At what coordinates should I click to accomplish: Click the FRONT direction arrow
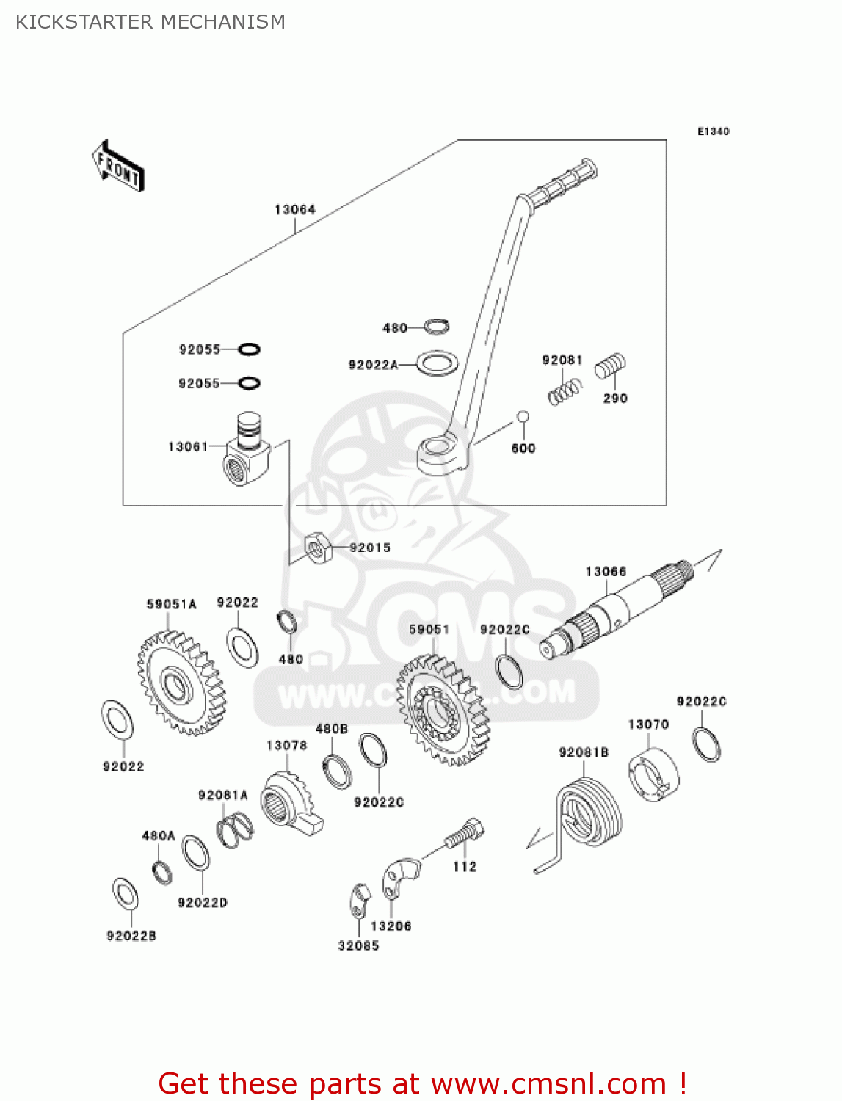[118, 167]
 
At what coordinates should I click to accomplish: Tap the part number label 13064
[294, 210]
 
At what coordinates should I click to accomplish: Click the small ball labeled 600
[523, 417]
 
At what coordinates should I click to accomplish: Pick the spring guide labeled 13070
[653, 774]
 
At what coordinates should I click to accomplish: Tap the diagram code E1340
[713, 131]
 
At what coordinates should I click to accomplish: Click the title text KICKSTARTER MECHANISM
[150, 22]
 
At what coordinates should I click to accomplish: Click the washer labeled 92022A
[438, 363]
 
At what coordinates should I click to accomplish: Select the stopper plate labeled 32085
[358, 901]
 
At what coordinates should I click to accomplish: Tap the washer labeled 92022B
[126, 893]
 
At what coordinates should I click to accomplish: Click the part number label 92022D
[202, 903]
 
